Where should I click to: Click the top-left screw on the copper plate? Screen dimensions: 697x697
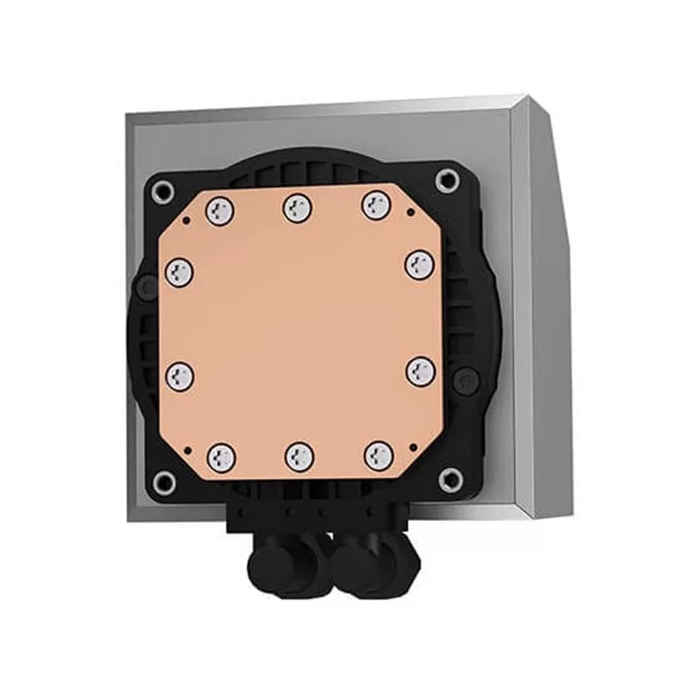tap(222, 208)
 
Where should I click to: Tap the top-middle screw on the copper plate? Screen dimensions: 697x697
tap(298, 206)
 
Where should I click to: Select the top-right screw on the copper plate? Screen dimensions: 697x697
tap(376, 205)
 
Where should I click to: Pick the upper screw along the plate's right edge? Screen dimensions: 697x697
tap(419, 263)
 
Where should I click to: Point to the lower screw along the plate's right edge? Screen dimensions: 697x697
tap(420, 370)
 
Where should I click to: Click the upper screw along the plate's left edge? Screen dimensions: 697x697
tap(179, 271)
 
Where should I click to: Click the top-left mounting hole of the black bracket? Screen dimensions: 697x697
tap(162, 193)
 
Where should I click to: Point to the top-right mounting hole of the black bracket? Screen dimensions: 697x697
tap(448, 180)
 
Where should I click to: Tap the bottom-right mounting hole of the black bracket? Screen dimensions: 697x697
tap(450, 477)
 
